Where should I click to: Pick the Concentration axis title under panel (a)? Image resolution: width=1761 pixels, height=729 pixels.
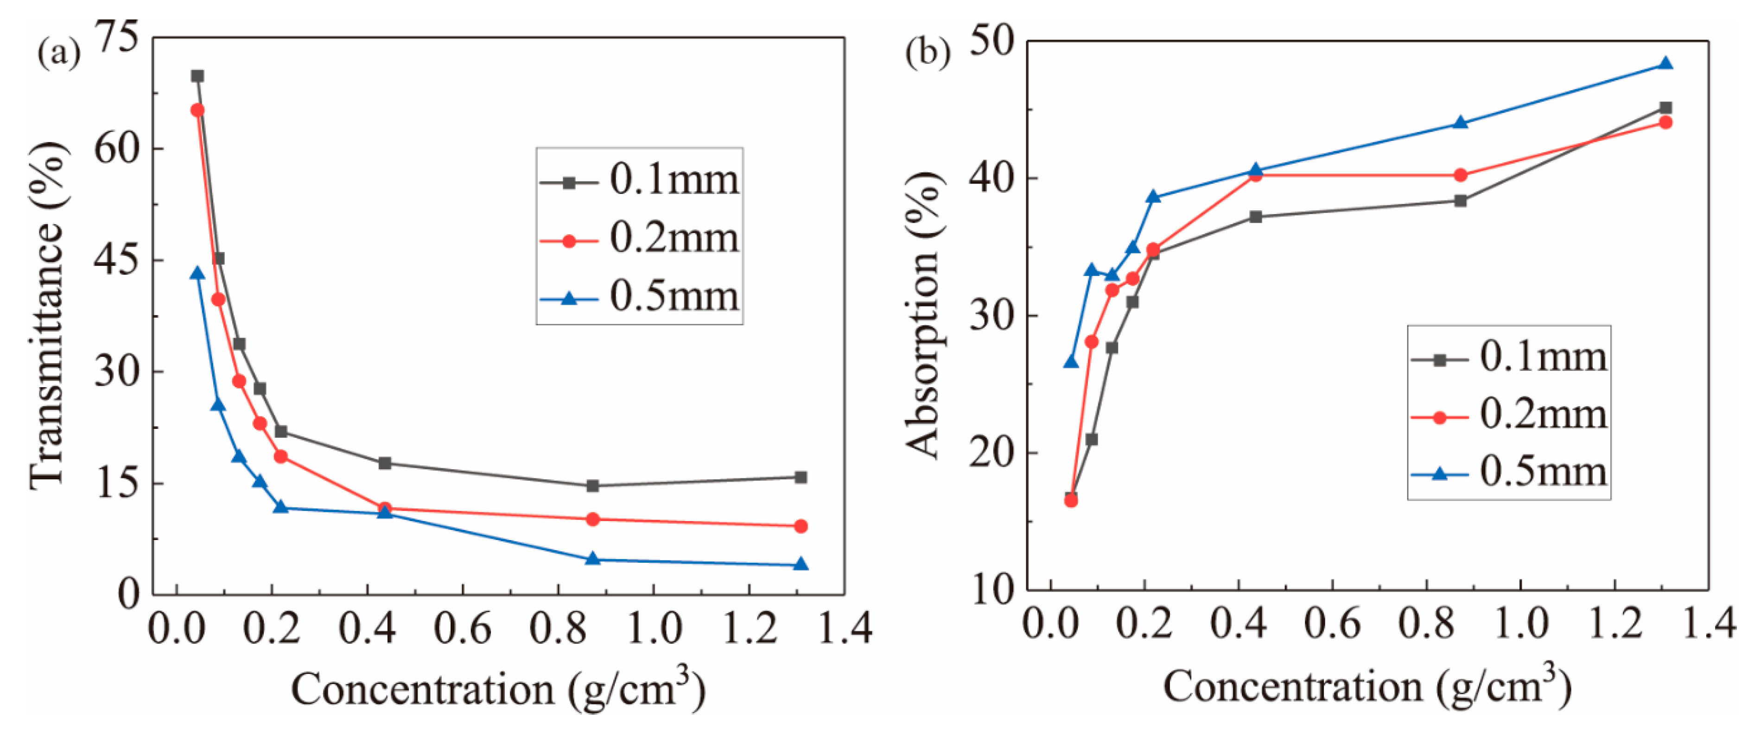[498, 689]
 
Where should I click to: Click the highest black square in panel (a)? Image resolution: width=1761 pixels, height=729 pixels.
[197, 76]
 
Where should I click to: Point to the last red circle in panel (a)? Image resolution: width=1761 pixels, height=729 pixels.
[801, 526]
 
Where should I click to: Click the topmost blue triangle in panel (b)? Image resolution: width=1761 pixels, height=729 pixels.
[1666, 63]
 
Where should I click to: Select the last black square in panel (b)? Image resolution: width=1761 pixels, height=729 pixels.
[1666, 108]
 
